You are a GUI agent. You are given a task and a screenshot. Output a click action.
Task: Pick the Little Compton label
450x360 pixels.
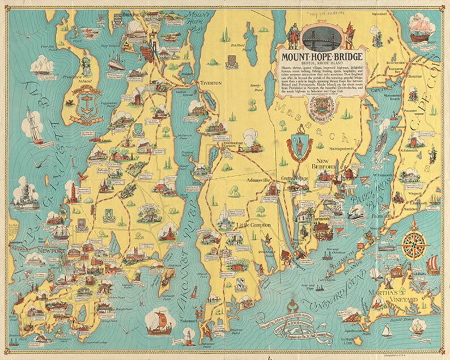click(x=246, y=229)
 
